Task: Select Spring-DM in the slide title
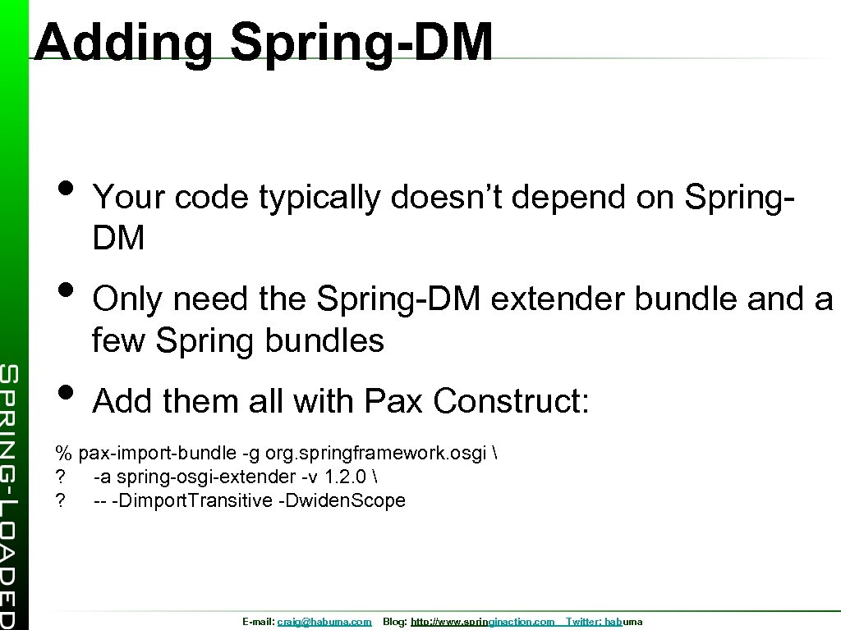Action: tap(361, 43)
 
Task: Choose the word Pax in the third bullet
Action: tap(393, 401)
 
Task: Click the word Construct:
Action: tap(511, 401)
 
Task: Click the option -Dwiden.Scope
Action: tap(343, 500)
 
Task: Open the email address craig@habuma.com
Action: tap(324, 623)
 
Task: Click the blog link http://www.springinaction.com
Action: tap(482, 623)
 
